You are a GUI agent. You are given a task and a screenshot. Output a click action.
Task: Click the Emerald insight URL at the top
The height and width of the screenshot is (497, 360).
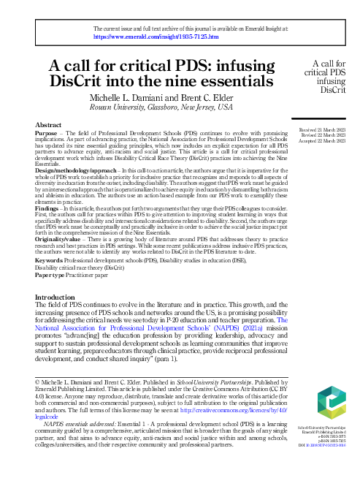point(146,36)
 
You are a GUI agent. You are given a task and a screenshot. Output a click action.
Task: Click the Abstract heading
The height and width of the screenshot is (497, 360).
point(48,126)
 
